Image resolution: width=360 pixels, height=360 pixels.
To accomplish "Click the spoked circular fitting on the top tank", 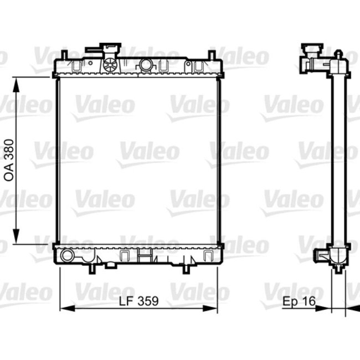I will tap(110, 64).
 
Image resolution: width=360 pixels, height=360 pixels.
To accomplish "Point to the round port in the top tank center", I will tap(146, 65).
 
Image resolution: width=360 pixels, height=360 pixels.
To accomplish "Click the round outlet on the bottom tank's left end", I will tap(67, 256).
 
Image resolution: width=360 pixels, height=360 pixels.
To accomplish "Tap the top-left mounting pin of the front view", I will tap(65, 54).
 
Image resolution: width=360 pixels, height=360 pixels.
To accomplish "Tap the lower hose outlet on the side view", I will tap(321, 256).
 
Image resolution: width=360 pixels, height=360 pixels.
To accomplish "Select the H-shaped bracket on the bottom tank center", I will tap(144, 255).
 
